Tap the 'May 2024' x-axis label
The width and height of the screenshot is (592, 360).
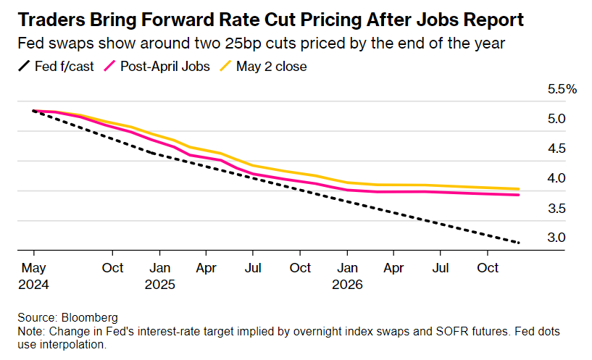pyautogui.click(x=34, y=276)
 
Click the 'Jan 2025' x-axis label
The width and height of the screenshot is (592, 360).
pyautogui.click(x=160, y=276)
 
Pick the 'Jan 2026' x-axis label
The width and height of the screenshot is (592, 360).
pyautogui.click(x=347, y=276)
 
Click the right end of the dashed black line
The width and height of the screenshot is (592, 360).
pyautogui.click(x=519, y=242)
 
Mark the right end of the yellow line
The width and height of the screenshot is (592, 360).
pyautogui.click(x=519, y=189)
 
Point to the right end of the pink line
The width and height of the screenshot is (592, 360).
pyautogui.click(x=519, y=195)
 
